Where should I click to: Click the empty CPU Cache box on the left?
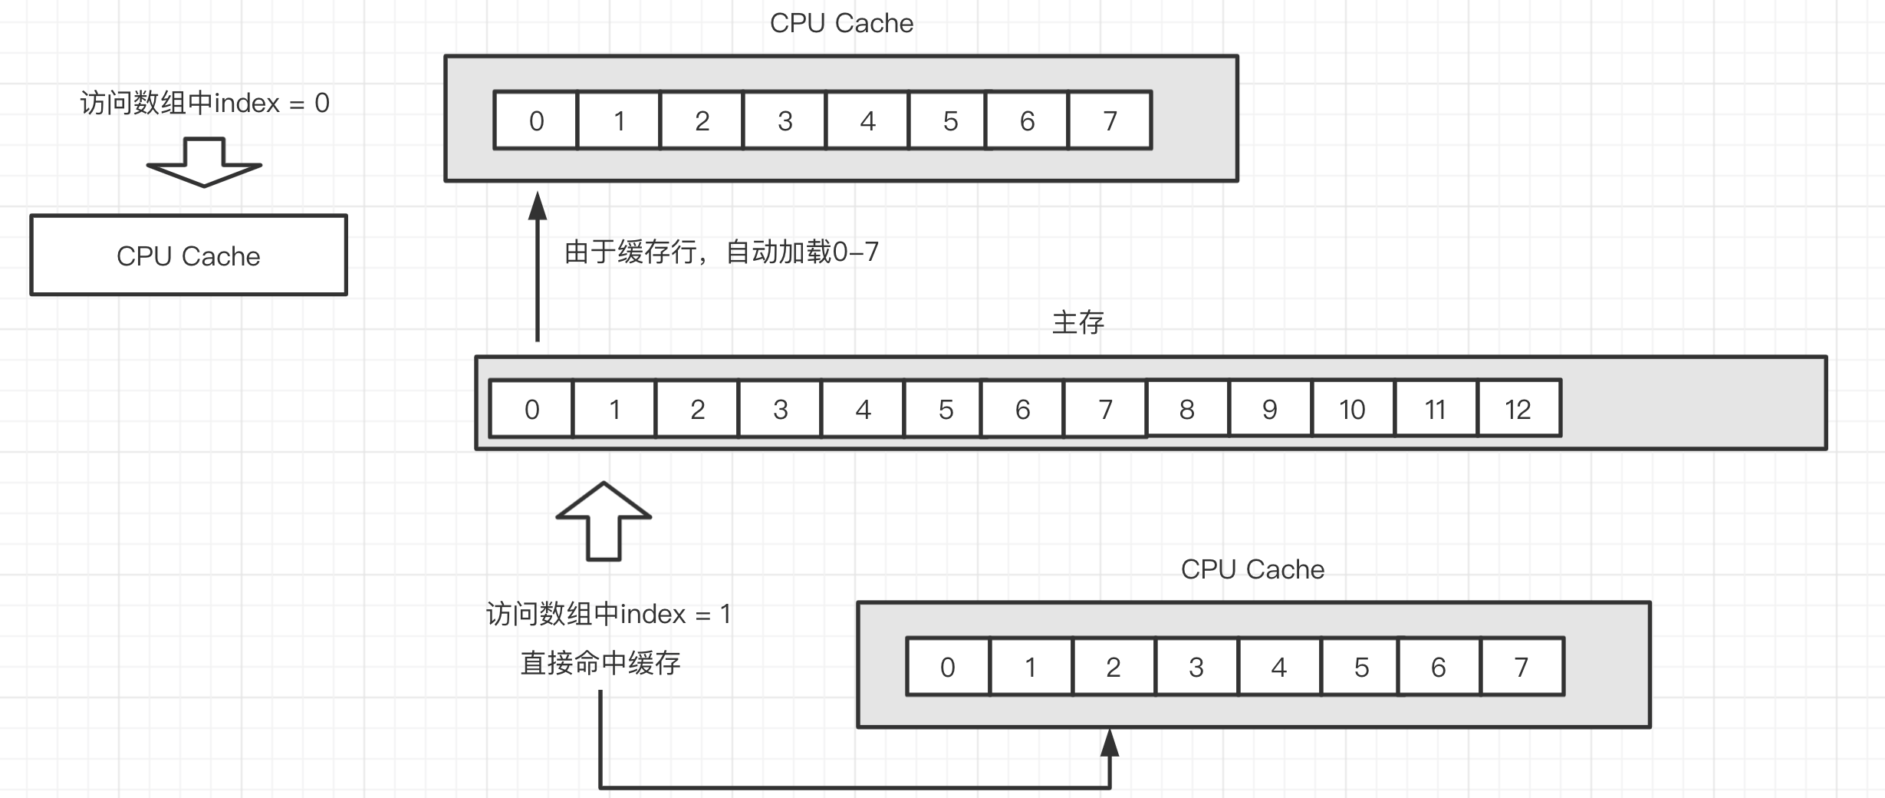click(189, 256)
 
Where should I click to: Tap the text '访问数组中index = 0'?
click(205, 103)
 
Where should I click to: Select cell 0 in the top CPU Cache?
click(536, 120)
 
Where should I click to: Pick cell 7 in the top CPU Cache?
click(1110, 120)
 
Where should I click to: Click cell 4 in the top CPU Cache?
click(867, 120)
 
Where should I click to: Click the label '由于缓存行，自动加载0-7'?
click(721, 252)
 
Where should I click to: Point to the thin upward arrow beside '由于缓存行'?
click(538, 269)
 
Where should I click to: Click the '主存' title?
click(1077, 322)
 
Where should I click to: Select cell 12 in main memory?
click(1518, 409)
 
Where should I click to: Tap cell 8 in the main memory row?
click(1187, 409)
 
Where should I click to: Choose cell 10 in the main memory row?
click(1352, 409)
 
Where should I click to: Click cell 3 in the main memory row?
click(780, 409)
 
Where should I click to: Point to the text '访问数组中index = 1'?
click(608, 614)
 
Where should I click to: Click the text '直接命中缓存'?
click(600, 663)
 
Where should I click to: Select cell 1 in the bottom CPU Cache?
click(1030, 667)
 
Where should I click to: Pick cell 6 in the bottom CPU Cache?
click(1438, 667)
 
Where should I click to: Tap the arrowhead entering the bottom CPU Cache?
click(1110, 743)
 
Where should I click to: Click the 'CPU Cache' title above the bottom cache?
click(1252, 569)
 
